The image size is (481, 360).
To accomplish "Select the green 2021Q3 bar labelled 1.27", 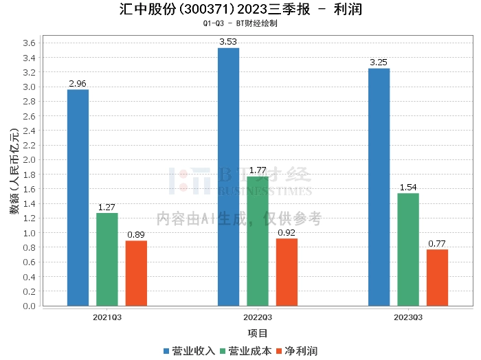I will coord(107,260).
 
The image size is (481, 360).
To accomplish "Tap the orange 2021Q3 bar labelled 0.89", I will coord(136,273).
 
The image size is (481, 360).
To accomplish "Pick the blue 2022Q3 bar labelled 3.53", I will coord(228,177).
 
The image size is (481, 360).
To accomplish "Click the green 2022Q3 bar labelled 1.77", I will coord(258,241).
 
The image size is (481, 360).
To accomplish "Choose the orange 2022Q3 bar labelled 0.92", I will coord(287,272).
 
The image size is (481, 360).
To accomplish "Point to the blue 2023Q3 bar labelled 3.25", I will coord(379,187).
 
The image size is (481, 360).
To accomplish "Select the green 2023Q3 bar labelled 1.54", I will coord(408,249).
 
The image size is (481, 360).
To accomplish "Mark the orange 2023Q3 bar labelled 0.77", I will coord(437,278).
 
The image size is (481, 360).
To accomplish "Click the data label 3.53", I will coord(228,42).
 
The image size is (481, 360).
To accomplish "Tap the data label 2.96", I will coord(78,84).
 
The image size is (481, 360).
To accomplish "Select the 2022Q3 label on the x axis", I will coord(258,317).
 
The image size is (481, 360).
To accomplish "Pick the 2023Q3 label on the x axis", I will coord(408,317).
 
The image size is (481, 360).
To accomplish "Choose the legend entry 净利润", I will coord(301,351).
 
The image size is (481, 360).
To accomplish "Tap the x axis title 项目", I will coord(258,333).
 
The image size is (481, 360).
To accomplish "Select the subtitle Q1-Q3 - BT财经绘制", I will coord(240,23).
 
